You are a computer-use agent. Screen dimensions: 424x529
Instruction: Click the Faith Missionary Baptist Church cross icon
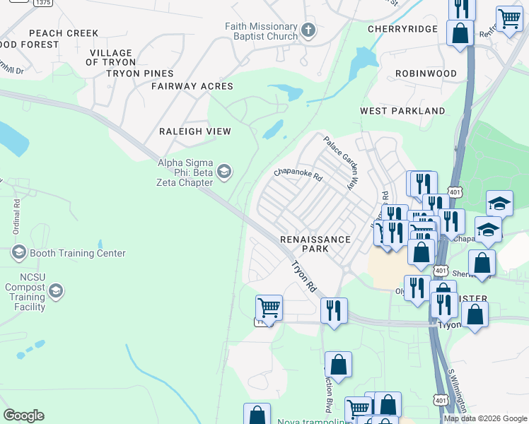308,30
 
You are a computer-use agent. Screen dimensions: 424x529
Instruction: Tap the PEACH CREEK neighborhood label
64,33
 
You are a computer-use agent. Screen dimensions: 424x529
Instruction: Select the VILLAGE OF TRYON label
111,57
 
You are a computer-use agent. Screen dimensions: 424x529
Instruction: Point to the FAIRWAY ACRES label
192,86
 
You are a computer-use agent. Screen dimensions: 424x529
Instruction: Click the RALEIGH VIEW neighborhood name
195,131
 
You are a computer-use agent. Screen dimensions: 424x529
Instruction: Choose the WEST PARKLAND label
402,111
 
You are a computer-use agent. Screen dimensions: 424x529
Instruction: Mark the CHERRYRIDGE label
402,29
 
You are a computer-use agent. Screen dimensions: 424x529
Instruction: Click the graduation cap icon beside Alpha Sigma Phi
224,172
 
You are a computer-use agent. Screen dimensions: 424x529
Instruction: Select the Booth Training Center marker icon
18,252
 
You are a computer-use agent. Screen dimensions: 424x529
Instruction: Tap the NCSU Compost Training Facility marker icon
56,290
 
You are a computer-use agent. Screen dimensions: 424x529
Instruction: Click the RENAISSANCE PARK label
315,244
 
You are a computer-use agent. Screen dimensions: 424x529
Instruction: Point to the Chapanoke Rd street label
298,174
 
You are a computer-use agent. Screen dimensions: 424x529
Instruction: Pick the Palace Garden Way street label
339,162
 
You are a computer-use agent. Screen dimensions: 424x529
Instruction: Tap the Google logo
23,416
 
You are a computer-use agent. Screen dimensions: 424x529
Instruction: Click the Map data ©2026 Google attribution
484,418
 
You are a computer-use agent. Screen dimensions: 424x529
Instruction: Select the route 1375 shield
42,3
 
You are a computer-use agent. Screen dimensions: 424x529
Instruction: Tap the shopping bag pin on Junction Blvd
339,365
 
